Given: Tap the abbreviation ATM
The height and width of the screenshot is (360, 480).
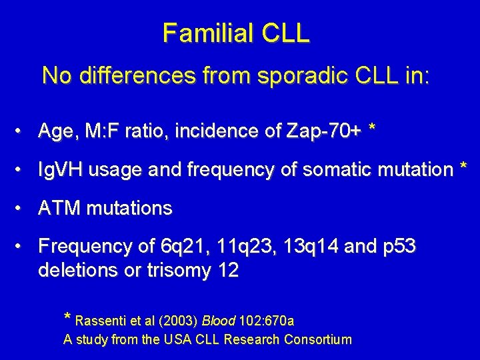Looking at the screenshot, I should pos(58,209).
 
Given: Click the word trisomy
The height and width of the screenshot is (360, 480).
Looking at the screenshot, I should pos(171,271).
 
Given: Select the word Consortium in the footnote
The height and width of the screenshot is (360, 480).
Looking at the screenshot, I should pos(317,340).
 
